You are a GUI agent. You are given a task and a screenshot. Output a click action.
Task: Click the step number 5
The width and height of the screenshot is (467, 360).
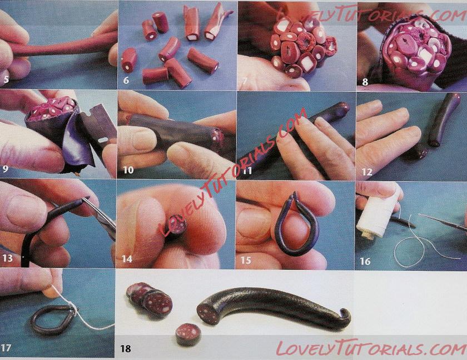6,79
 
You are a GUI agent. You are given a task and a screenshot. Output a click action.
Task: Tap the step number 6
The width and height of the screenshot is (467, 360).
126,80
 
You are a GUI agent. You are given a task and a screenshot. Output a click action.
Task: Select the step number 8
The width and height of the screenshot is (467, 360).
365,82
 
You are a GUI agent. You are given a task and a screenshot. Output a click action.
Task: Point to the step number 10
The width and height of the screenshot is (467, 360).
128,170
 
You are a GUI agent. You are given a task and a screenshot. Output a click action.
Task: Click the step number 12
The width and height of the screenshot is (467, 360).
367,172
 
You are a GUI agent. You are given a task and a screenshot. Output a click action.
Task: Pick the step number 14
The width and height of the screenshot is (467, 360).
127,259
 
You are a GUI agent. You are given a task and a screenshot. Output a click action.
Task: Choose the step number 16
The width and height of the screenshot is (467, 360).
365,261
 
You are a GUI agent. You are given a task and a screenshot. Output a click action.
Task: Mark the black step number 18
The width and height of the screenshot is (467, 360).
126,348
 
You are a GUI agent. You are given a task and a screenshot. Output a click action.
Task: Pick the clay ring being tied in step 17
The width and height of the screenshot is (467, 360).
53,320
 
